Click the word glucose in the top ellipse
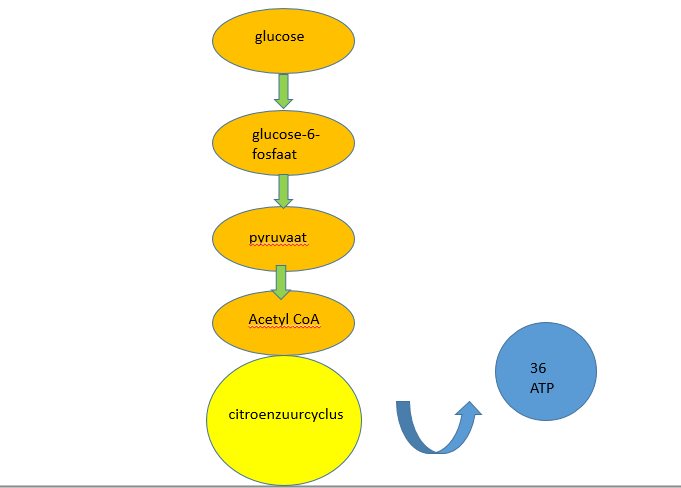(x=279, y=36)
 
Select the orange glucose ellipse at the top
(x=283, y=40)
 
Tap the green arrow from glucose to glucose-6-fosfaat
(x=283, y=91)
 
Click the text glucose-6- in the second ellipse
(x=285, y=135)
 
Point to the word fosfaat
(x=274, y=154)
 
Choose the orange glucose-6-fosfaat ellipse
(x=283, y=143)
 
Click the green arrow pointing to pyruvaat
(x=283, y=191)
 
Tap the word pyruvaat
(x=278, y=238)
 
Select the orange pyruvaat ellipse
(x=283, y=239)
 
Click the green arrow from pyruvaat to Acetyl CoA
(x=281, y=282)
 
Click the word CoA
(x=306, y=319)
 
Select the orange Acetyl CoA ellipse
(x=283, y=323)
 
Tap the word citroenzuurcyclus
(x=286, y=415)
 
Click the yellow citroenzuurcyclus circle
(x=284, y=420)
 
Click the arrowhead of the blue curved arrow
(x=469, y=407)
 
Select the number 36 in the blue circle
(x=538, y=368)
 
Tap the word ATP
(x=542, y=388)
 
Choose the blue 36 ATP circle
(x=546, y=372)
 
